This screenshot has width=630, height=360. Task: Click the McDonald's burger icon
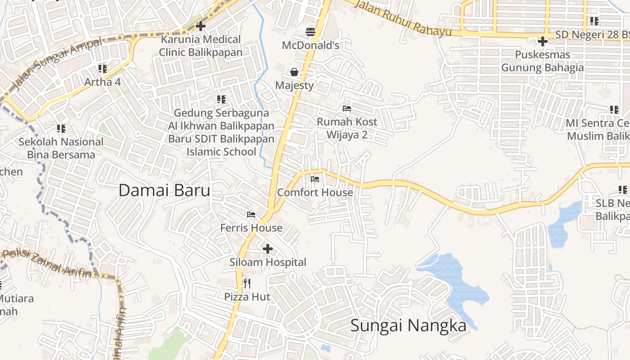310,31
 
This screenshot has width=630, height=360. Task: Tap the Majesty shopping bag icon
294,72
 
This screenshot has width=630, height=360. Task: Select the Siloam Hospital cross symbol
268,248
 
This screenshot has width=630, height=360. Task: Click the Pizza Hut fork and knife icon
247,283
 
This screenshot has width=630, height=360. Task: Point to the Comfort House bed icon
315,179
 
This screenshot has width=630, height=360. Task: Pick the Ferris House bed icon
251,214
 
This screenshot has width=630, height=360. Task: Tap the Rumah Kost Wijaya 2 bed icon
346,108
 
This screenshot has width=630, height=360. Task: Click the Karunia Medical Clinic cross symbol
201,26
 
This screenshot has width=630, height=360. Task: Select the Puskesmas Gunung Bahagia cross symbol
542,41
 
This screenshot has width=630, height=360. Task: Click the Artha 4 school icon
103,69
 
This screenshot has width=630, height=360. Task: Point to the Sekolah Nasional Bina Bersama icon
61,129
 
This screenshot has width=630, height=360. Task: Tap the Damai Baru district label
164,190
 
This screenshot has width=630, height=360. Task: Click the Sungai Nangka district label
408,325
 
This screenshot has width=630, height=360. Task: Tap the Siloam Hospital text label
268,262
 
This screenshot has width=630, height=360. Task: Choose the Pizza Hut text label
247,297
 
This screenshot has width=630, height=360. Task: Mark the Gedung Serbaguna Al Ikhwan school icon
221,99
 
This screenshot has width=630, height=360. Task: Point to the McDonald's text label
310,45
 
